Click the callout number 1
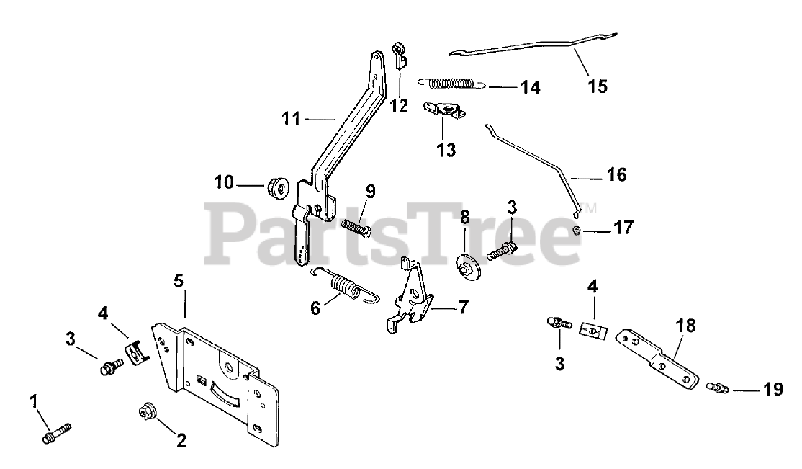click(x=33, y=399)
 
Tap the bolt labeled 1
click(x=55, y=434)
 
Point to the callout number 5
click(x=179, y=280)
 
